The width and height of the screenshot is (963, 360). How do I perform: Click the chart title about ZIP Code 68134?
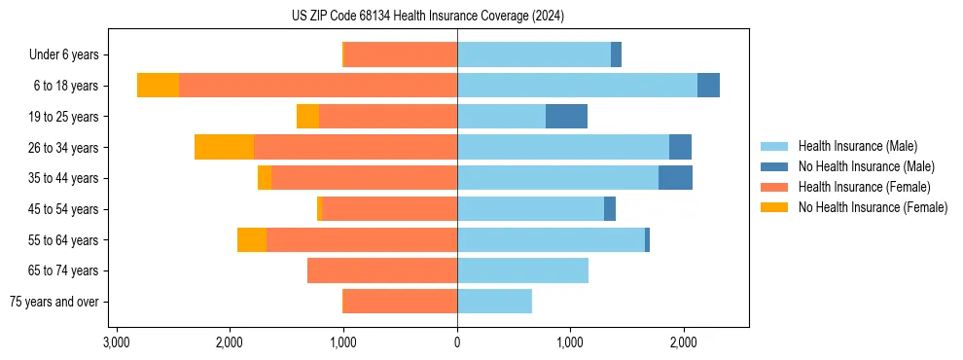pyautogui.click(x=427, y=16)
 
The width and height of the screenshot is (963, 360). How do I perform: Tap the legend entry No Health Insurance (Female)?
pyautogui.click(x=873, y=207)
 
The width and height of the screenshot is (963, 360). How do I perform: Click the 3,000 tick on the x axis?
pyautogui.click(x=116, y=342)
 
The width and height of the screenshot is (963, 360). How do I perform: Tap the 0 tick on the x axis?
pyautogui.click(x=457, y=342)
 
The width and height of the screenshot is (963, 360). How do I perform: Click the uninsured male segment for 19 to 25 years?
pyautogui.click(x=566, y=117)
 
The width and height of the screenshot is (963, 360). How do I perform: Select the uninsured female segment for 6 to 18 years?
pyautogui.click(x=158, y=86)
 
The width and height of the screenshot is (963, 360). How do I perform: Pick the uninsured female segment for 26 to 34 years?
pyautogui.click(x=224, y=147)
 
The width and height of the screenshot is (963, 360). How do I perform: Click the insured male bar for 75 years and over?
pyautogui.click(x=494, y=302)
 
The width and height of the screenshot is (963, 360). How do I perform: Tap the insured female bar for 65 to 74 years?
pyautogui.click(x=382, y=270)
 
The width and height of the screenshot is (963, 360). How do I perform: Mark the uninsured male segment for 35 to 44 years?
pyautogui.click(x=675, y=178)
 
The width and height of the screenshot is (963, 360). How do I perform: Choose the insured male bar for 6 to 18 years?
pyautogui.click(x=577, y=86)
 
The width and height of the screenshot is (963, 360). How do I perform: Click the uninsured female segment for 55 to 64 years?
pyautogui.click(x=252, y=239)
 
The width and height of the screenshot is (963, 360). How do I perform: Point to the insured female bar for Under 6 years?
pyautogui.click(x=401, y=55)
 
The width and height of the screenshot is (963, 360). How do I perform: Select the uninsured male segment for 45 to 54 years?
pyautogui.click(x=610, y=209)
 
